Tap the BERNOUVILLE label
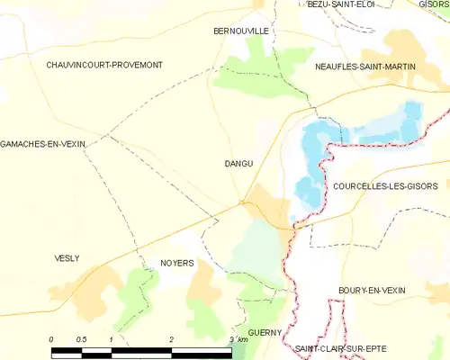pyautogui.click(x=241, y=30)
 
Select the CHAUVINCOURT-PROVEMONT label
pyautogui.click(x=104, y=66)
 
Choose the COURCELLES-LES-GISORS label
pyautogui.click(x=391, y=186)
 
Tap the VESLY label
pyautogui.click(x=67, y=258)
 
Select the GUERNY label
pyautogui.click(x=265, y=331)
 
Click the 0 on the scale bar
pyautogui.click(x=52, y=339)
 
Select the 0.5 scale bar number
pyautogui.click(x=81, y=339)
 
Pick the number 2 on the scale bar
pyautogui.click(x=171, y=339)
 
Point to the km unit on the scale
pyautogui.click(x=241, y=339)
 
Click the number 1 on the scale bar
pyautogui.click(x=111, y=339)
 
